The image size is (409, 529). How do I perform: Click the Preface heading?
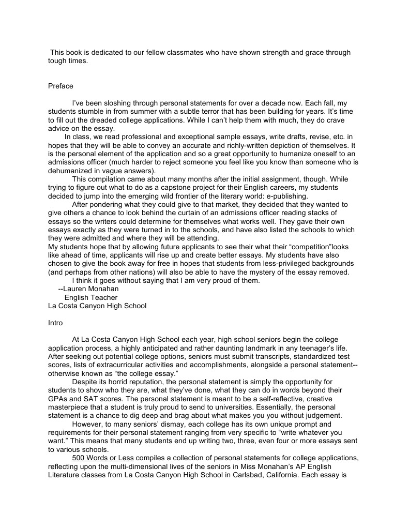[x=60, y=86]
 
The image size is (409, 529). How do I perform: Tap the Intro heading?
[x=55, y=323]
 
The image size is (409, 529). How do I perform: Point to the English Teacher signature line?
[x=90, y=297]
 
